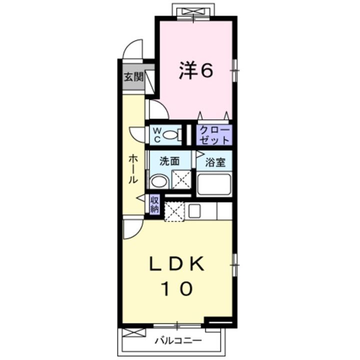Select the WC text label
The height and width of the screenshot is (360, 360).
[156, 134]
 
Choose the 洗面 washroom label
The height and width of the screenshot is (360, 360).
[169, 161]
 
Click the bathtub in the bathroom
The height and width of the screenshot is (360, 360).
[213, 185]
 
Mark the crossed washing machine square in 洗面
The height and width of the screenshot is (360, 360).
[180, 179]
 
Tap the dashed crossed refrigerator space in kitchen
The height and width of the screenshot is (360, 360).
[174, 210]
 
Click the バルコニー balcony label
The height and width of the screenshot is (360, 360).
[177, 341]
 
